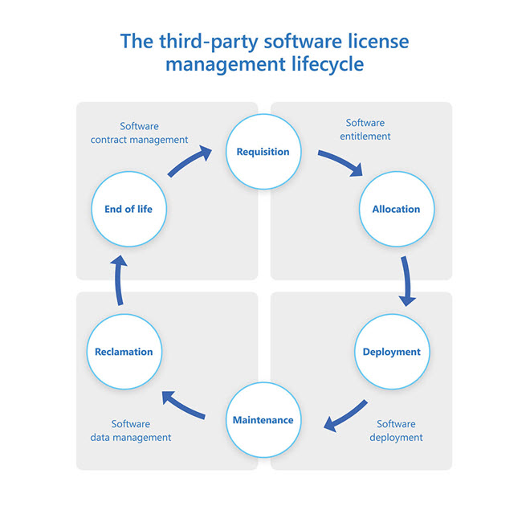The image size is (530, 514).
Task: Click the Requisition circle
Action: (x=263, y=151)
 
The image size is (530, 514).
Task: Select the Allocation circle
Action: (x=396, y=209)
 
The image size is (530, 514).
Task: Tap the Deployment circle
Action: (x=391, y=352)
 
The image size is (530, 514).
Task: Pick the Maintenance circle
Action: (x=263, y=420)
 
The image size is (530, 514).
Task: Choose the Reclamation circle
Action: (x=124, y=352)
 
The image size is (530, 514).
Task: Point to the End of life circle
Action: (x=128, y=209)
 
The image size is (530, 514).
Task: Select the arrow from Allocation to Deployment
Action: (x=408, y=281)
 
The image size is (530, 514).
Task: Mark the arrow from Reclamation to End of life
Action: (x=119, y=281)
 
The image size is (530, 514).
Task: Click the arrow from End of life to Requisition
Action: (x=190, y=160)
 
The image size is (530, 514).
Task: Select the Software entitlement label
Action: (x=365, y=130)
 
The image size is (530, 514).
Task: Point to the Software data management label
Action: (x=130, y=430)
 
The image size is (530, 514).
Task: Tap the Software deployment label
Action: (x=396, y=430)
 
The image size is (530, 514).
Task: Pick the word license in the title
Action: (x=381, y=40)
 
